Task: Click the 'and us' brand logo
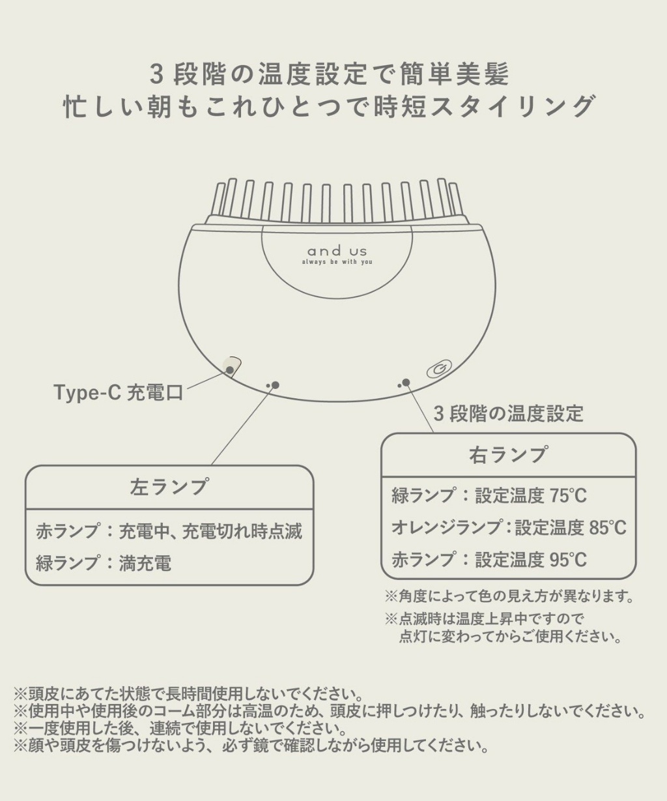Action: click(337, 250)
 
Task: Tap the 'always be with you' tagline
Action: click(337, 262)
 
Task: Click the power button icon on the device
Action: click(437, 370)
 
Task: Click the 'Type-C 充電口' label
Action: click(118, 392)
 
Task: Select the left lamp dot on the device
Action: click(275, 385)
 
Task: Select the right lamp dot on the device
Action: click(406, 383)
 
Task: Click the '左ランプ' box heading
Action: click(169, 487)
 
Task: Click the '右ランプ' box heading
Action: click(508, 455)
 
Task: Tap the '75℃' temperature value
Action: click(568, 496)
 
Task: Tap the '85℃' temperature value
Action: click(607, 527)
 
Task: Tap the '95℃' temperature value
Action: click(568, 559)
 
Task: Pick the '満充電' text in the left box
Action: click(145, 563)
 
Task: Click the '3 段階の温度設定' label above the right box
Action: click(508, 413)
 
